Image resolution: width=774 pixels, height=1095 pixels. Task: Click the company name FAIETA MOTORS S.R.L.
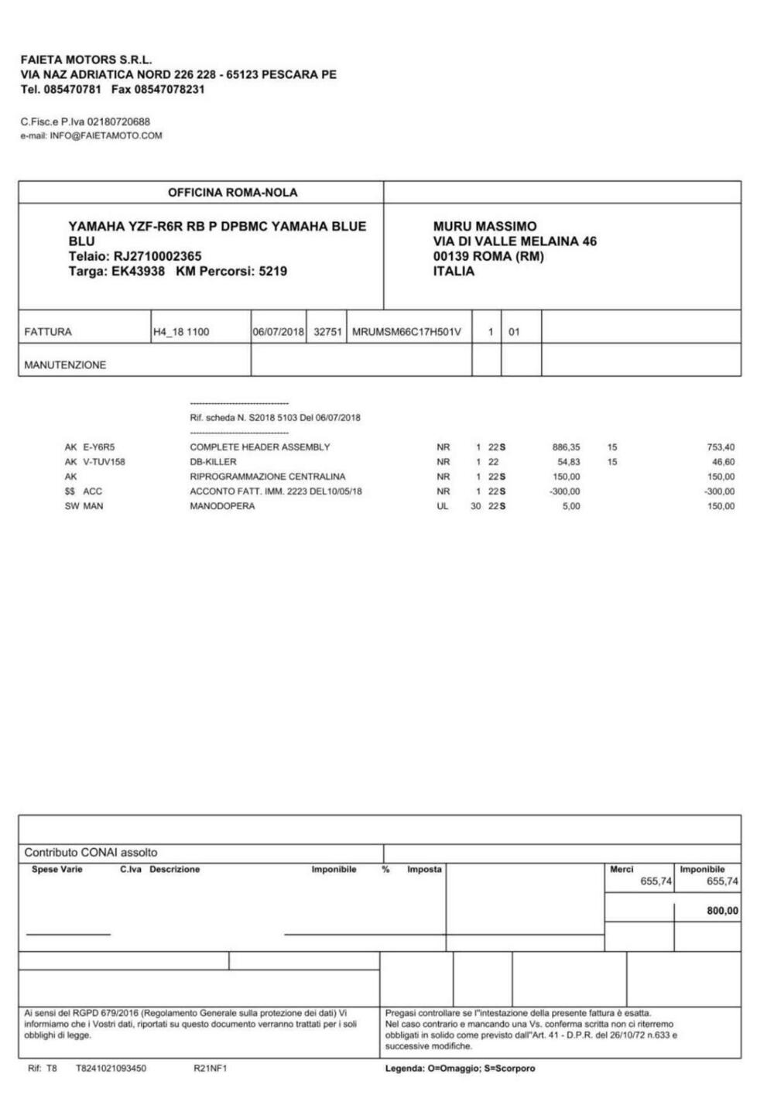(86, 60)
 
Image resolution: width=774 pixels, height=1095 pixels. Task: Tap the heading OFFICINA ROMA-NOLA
(232, 193)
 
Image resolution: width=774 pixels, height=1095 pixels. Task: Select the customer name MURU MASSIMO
(485, 227)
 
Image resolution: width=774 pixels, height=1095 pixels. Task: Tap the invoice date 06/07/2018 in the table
(279, 332)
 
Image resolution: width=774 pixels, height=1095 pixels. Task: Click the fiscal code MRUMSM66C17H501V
(406, 332)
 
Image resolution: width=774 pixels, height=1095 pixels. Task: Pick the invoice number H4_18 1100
(181, 332)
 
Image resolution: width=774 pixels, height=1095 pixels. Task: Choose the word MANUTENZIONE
(65, 364)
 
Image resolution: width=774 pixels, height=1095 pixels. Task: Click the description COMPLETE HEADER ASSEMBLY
(260, 447)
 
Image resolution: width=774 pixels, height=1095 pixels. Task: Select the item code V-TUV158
(104, 462)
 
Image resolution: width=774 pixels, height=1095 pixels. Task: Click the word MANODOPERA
(222, 506)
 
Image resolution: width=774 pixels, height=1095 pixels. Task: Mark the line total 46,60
(724, 462)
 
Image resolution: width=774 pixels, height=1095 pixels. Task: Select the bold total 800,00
(722, 911)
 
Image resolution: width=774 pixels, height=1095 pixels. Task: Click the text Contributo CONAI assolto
(91, 853)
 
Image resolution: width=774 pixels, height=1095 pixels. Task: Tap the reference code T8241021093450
(111, 1069)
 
